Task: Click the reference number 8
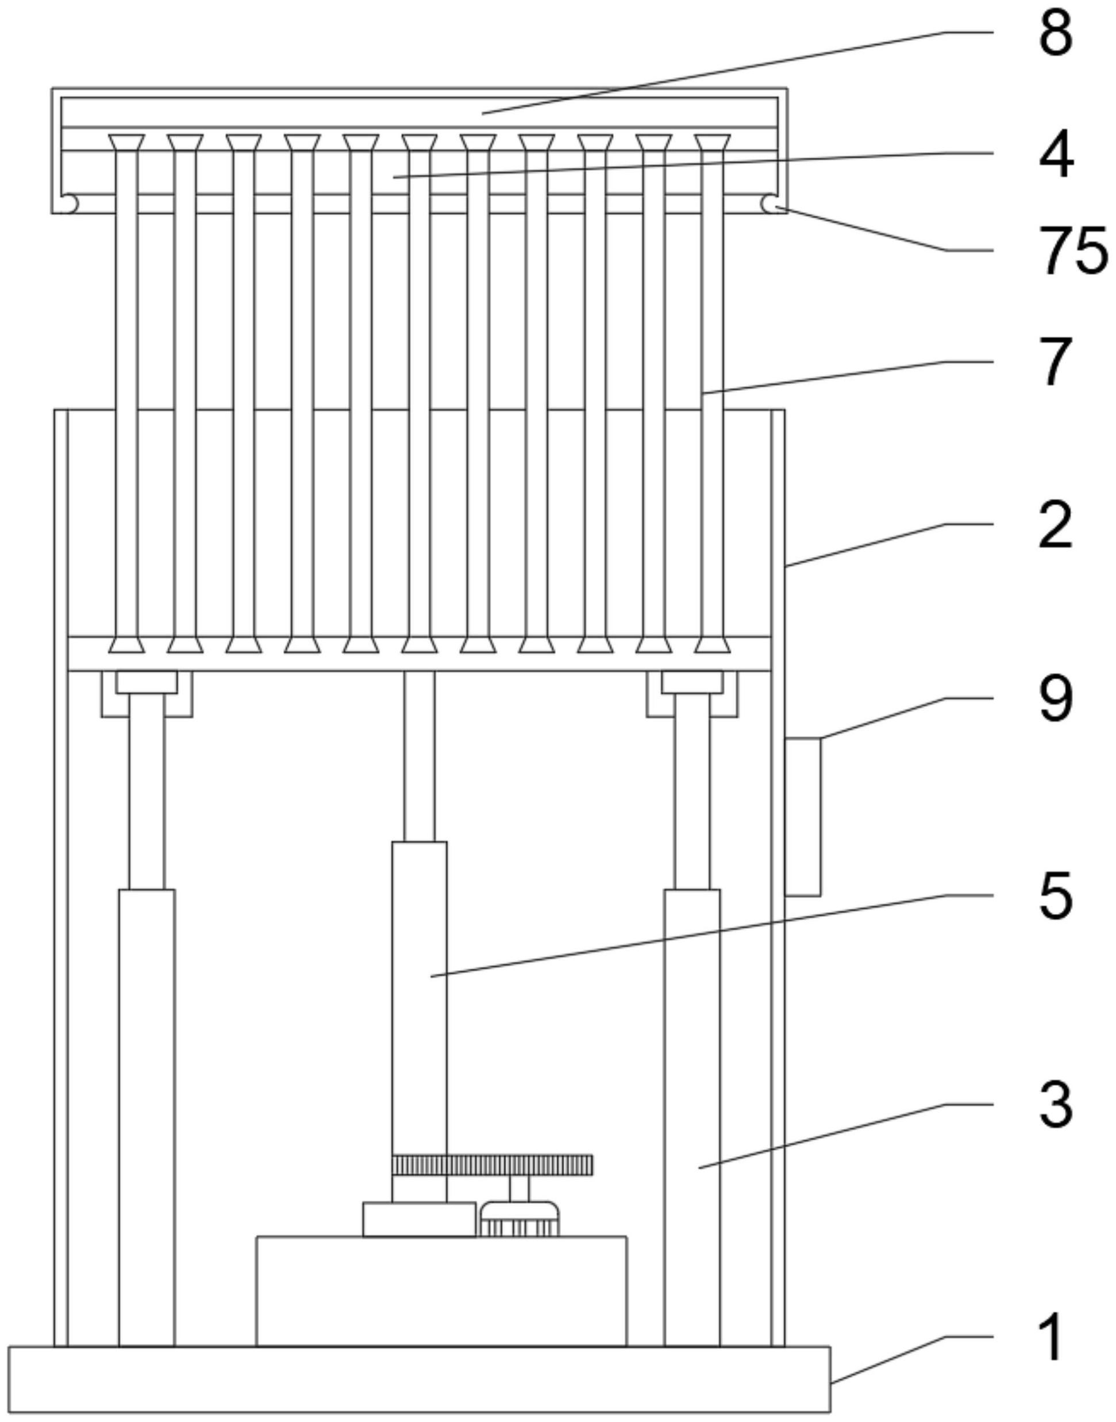[x=1055, y=34]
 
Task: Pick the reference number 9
[x=1055, y=700]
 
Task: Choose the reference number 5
[x=1055, y=897]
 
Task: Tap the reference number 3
[x=1055, y=1104]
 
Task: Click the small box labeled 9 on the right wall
[x=802, y=817]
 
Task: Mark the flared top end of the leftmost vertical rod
[x=126, y=143]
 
